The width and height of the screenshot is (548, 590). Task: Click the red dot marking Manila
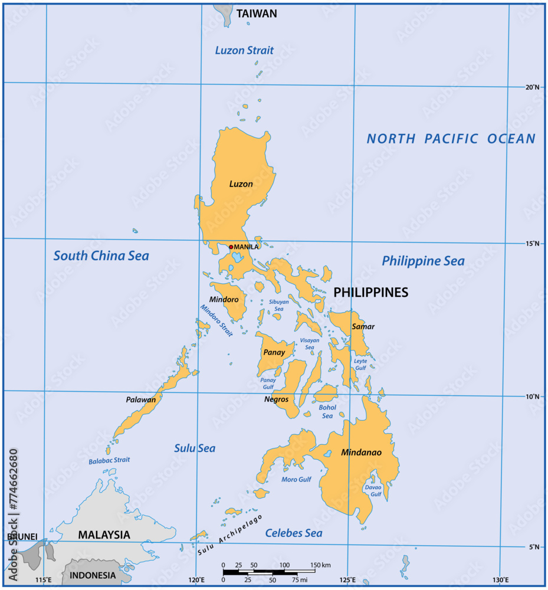coord(231,247)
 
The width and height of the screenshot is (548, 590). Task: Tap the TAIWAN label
coord(257,14)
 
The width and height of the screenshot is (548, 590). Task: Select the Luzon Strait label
coord(244,50)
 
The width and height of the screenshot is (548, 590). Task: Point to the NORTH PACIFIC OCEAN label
coord(451,139)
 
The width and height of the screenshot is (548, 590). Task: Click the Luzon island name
coord(241,184)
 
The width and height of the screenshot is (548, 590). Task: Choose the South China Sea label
coord(101,256)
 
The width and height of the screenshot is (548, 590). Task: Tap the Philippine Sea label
coord(423,261)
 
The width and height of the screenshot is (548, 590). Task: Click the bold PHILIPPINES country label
coord(370,293)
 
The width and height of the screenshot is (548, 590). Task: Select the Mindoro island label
coord(224,300)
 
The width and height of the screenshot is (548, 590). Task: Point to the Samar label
coord(363,326)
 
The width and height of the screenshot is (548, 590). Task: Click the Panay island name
coord(274,353)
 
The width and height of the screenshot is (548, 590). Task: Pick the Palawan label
coord(141,399)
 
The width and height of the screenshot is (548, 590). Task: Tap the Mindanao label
coord(361,453)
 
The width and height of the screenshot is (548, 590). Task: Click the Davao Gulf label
coord(372,490)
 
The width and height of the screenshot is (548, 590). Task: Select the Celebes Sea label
coord(294,533)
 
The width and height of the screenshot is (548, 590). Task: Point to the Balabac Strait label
coord(109,460)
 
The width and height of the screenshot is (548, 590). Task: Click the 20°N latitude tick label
coord(532,87)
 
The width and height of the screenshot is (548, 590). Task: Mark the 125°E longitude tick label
coord(347,579)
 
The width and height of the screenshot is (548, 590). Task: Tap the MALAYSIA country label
coord(104,535)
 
